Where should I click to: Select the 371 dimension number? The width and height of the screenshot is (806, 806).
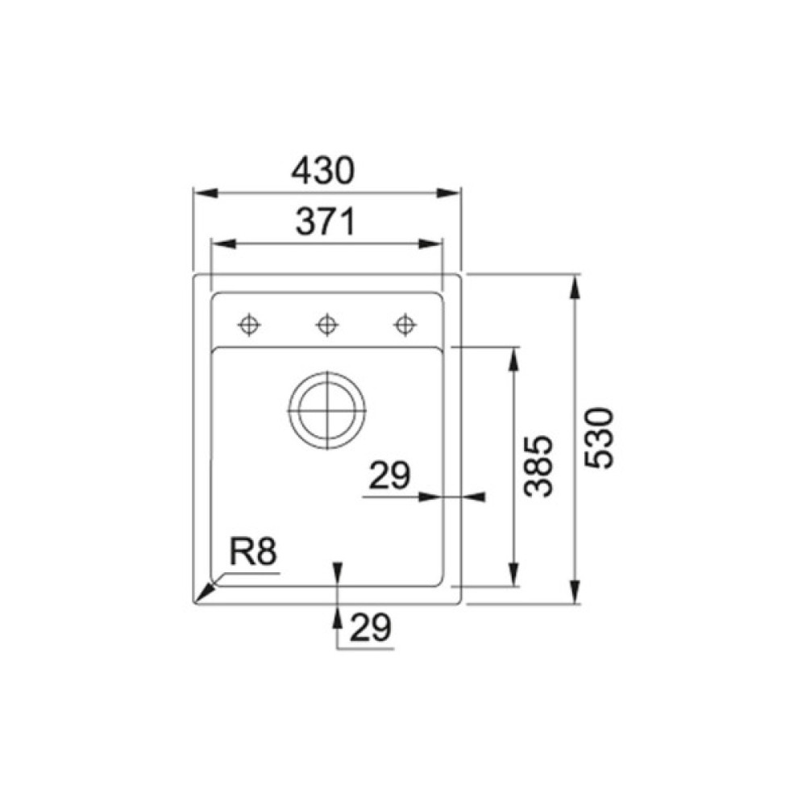[x=326, y=222]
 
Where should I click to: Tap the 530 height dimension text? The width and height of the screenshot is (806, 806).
[x=600, y=438]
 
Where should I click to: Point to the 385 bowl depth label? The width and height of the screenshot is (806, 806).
[x=538, y=467]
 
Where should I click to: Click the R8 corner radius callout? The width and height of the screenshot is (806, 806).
[x=253, y=552]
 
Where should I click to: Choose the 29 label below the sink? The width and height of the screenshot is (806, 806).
[x=371, y=628]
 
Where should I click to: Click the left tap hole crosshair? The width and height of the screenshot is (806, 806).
[x=249, y=325]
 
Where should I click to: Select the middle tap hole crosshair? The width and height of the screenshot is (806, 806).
[x=327, y=325]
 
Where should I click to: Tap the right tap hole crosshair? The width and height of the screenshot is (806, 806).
[x=405, y=325]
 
